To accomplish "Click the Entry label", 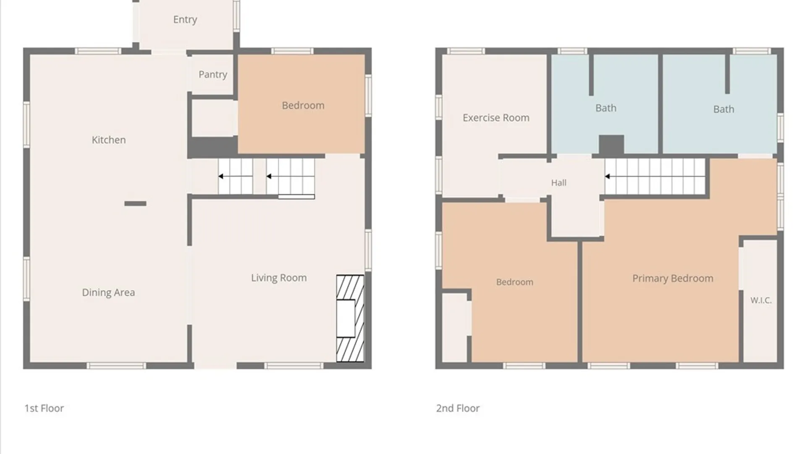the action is point(185,20).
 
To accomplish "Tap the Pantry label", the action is point(213,75).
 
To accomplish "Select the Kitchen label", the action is point(109,140).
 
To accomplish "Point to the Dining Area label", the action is point(108,293).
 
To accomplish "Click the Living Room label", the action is point(279,278).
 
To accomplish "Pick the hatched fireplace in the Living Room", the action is point(350,318).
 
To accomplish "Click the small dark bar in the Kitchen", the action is point(135,203).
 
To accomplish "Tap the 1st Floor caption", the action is point(44,408).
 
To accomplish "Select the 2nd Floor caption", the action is point(458,408).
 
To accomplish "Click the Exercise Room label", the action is point(496,118).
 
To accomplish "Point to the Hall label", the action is point(559,183).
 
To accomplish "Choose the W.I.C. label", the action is point(761,300).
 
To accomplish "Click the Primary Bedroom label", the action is point(673,278).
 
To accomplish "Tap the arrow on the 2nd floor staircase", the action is point(607,177).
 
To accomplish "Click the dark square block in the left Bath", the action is point(611,145).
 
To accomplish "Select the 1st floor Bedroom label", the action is point(303,106).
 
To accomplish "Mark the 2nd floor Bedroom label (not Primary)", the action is point(515,282).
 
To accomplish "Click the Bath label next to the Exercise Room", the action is point(606,108).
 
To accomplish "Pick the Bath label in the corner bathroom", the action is point(724,109).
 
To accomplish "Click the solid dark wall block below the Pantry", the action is point(212,147).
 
